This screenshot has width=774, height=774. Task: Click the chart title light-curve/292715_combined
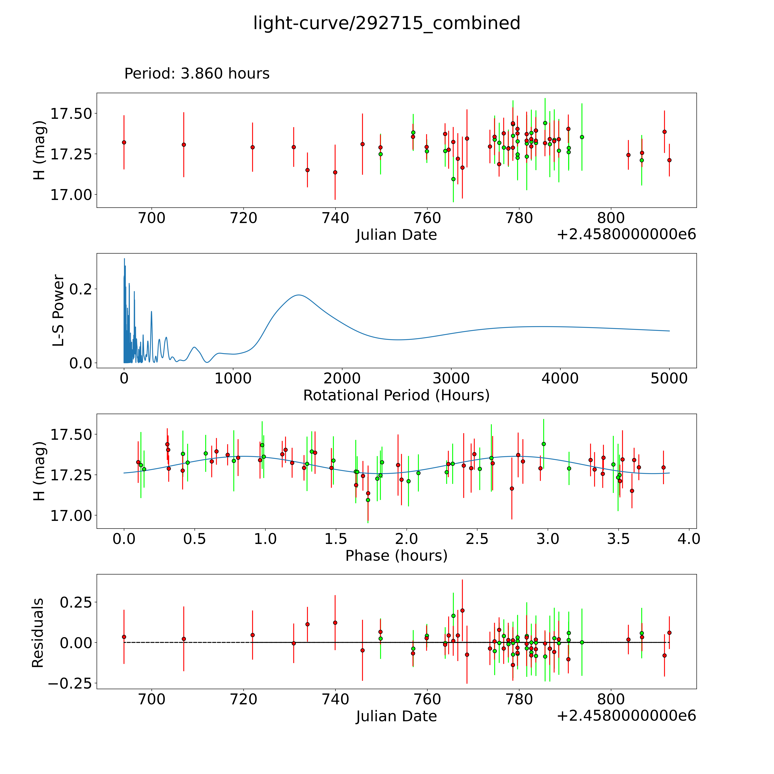(387, 23)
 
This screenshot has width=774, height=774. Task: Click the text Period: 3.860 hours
(197, 74)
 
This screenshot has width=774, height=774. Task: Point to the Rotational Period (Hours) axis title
(396, 395)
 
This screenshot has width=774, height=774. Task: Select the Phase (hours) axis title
(396, 556)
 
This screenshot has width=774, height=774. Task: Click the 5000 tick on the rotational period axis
(669, 378)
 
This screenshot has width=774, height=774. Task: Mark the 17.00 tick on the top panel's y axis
(71, 195)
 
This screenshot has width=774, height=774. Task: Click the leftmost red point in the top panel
(124, 142)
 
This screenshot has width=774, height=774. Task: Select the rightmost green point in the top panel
(641, 160)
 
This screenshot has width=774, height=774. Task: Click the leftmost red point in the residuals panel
(124, 637)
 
